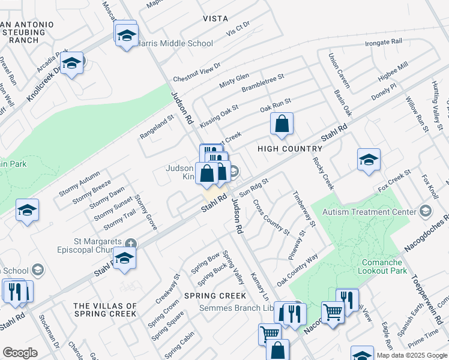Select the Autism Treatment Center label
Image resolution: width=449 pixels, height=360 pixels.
tap(369, 212)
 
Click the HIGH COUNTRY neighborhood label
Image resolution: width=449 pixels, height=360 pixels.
tap(290, 148)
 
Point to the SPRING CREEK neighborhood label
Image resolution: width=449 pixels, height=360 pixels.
tap(215, 296)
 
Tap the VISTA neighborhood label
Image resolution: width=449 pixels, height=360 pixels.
tap(215, 19)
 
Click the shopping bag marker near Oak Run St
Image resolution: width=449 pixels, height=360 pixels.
tap(282, 125)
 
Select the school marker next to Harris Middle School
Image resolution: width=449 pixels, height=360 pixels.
tap(127, 35)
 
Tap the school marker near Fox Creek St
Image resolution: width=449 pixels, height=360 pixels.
tap(369, 160)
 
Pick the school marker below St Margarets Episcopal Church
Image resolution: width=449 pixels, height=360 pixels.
tap(124, 258)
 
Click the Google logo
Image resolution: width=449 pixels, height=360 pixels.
tap(20, 353)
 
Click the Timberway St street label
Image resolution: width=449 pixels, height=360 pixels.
tap(304, 209)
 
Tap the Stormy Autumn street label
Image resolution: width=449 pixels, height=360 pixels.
tap(79, 184)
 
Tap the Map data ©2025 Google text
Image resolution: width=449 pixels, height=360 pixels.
tap(411, 355)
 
